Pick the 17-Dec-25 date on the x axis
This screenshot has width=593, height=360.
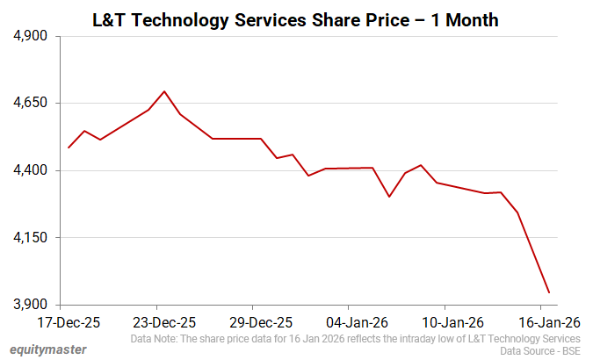69,321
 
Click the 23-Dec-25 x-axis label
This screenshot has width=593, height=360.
164,321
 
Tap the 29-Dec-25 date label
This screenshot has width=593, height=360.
260,321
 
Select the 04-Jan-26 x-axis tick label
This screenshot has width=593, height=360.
357,321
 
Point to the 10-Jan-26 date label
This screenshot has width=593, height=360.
452,321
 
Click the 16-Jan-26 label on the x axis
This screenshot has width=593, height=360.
548,321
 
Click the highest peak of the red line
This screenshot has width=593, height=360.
164,91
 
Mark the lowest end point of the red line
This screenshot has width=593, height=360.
549,292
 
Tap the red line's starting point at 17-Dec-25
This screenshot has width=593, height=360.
69,148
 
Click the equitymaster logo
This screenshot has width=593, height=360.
48,349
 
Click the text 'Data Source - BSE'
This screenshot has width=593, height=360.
539,351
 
